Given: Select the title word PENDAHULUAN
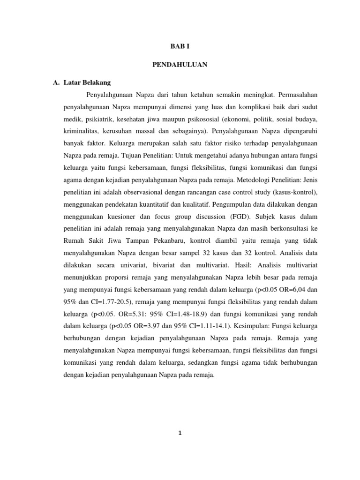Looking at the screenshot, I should pos(180,65).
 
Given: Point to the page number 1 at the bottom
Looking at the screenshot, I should pos(180,434).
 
